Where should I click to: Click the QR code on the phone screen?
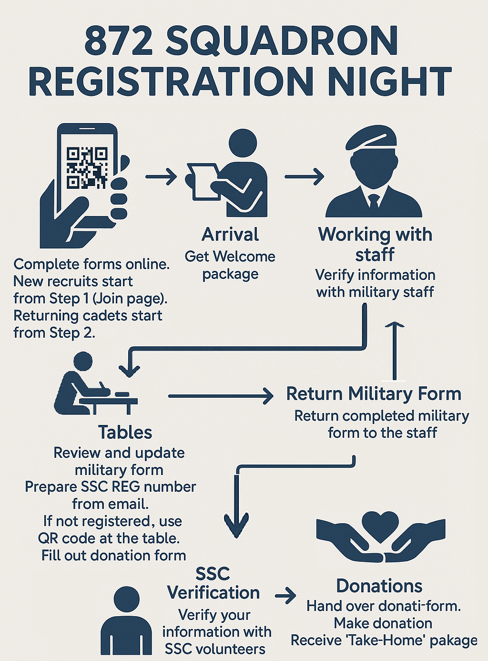pyautogui.click(x=87, y=167)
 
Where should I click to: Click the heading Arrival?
pyautogui.click(x=230, y=235)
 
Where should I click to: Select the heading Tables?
pyautogui.click(x=125, y=432)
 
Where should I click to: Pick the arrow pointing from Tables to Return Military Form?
pyautogui.click(x=220, y=396)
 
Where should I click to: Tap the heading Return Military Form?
pyautogui.click(x=374, y=394)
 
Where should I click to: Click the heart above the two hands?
pyautogui.click(x=380, y=525)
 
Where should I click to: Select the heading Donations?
pyautogui.click(x=379, y=586)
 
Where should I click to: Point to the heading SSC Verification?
pyautogui.click(x=213, y=583)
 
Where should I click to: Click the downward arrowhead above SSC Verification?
pyautogui.click(x=236, y=525)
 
